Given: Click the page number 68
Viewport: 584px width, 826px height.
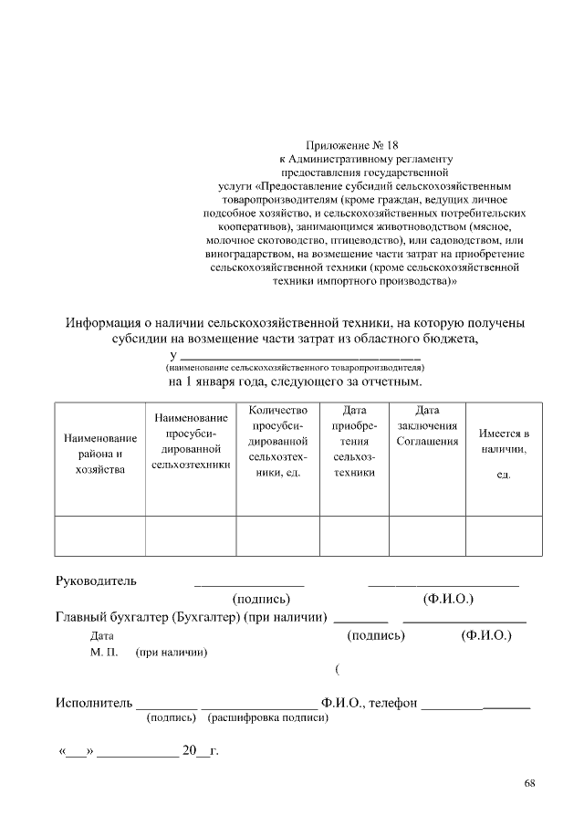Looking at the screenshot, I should click(x=530, y=783).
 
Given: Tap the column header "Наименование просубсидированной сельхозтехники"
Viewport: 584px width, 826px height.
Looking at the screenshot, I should click(x=191, y=441).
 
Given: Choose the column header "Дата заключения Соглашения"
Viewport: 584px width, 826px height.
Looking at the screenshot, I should click(x=427, y=426).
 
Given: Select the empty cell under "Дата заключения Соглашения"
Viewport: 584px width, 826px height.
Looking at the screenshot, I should click(x=427, y=535).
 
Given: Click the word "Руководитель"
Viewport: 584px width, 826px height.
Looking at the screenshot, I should click(x=96, y=580).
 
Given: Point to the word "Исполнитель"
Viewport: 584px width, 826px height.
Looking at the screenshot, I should click(x=93, y=703).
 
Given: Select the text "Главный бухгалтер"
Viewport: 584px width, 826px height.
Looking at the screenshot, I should click(x=112, y=617).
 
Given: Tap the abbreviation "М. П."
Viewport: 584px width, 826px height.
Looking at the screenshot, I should click(x=104, y=653).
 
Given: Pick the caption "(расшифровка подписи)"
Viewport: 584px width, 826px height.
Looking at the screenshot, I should click(x=267, y=718).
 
